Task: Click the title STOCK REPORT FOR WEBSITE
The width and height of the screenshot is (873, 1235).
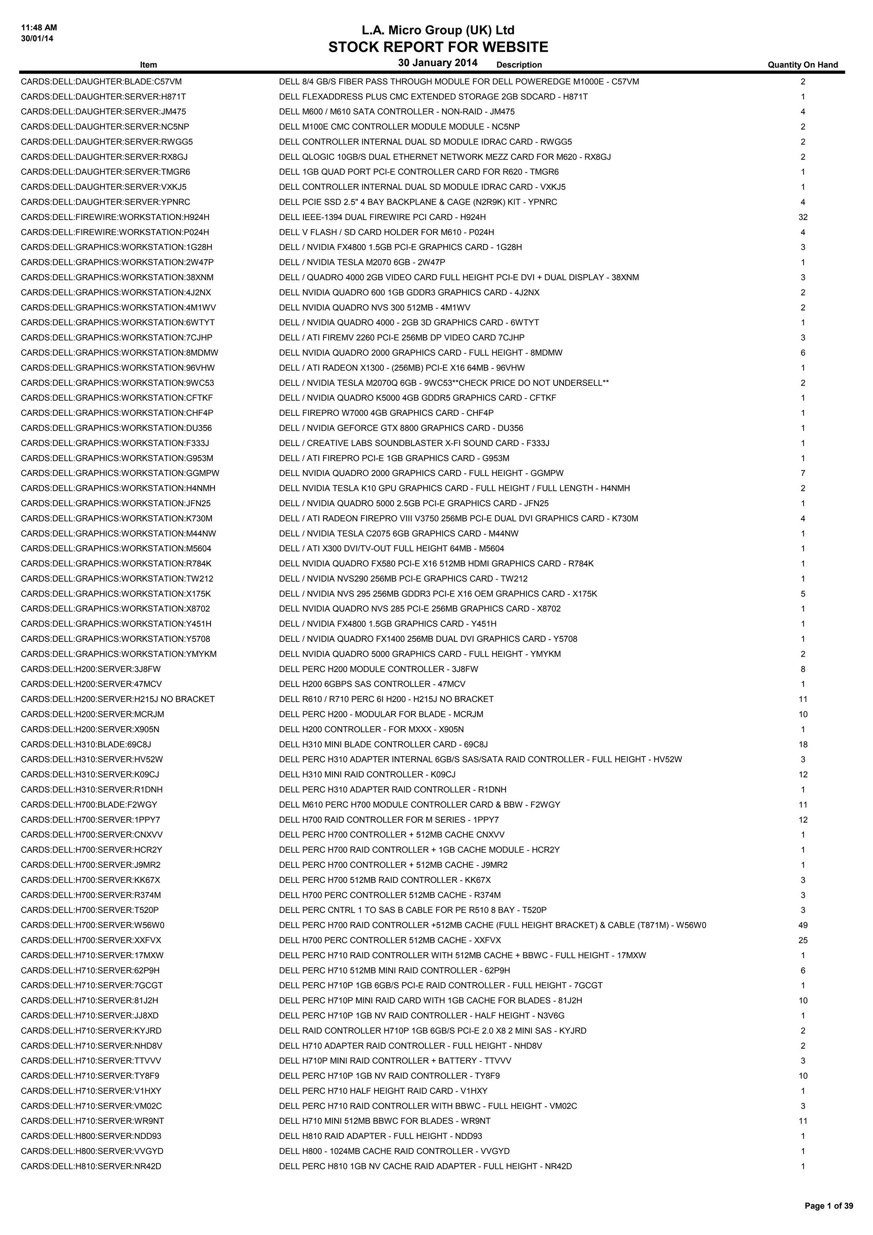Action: coord(438,47)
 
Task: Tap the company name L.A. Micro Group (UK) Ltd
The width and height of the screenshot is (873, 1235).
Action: coord(438,30)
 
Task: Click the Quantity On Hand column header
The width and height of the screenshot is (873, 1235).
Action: coord(803,65)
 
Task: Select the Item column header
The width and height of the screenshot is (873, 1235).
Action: coord(148,65)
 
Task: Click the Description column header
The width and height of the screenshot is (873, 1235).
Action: coord(519,65)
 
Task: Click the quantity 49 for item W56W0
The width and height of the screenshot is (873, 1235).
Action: coord(803,925)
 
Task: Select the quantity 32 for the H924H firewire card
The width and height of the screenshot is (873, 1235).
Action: coord(803,217)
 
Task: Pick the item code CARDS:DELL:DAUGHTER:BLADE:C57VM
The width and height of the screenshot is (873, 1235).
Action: coord(101,82)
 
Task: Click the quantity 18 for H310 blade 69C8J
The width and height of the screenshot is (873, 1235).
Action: coord(803,745)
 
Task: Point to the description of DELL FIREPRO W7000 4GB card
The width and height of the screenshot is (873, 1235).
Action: coord(386,413)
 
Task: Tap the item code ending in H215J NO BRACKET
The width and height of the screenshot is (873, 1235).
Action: coord(118,699)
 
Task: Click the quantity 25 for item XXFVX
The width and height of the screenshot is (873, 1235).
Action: coord(803,940)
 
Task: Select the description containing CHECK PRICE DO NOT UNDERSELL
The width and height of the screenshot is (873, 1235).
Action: coord(443,383)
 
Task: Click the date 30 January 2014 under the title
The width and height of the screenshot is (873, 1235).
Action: coord(438,63)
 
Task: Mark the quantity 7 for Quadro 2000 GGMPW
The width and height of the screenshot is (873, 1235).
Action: coord(803,473)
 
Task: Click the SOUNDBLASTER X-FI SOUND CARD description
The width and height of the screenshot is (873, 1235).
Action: coord(414,443)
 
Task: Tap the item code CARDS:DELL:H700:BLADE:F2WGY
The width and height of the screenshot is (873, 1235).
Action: coord(89,805)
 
